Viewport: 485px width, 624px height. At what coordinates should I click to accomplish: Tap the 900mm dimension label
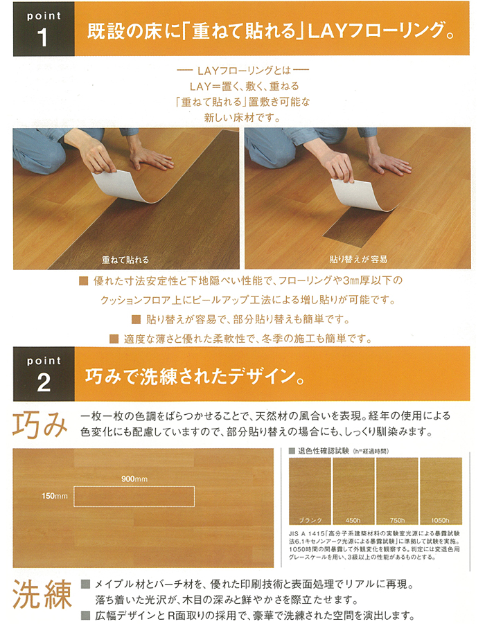[x=135, y=479]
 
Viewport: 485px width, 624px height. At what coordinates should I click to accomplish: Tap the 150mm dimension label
[x=53, y=496]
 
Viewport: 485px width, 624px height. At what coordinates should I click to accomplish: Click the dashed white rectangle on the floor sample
[x=134, y=496]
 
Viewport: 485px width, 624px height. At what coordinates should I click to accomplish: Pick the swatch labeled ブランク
[x=310, y=488]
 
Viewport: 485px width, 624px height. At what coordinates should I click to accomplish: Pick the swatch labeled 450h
[x=353, y=488]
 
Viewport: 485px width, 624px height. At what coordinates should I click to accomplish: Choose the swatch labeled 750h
[x=396, y=488]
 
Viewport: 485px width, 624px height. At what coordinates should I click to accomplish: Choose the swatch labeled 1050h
[x=441, y=488]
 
